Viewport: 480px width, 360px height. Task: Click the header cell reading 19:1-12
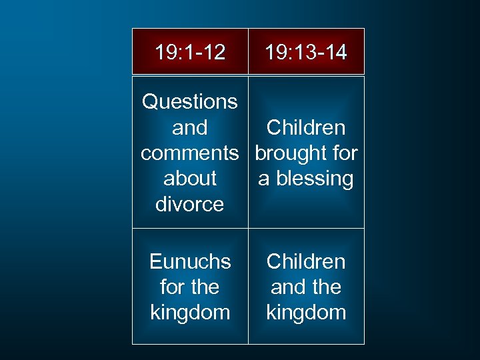click(190, 52)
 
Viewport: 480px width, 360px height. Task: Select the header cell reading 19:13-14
click(306, 52)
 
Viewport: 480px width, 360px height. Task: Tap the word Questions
click(190, 102)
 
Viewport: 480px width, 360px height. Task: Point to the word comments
click(190, 153)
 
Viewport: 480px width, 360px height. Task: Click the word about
click(190, 179)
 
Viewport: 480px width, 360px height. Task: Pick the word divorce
click(190, 204)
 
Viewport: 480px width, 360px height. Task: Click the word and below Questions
click(190, 128)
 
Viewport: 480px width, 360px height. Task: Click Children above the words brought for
click(306, 128)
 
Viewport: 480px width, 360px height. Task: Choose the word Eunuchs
click(190, 262)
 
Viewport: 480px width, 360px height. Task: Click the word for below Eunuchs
click(172, 287)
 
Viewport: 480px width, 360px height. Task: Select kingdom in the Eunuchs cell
click(190, 313)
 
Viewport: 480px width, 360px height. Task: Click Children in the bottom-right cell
click(306, 262)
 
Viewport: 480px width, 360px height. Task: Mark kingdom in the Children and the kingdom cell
click(306, 313)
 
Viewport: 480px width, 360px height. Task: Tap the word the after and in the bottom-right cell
click(326, 287)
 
